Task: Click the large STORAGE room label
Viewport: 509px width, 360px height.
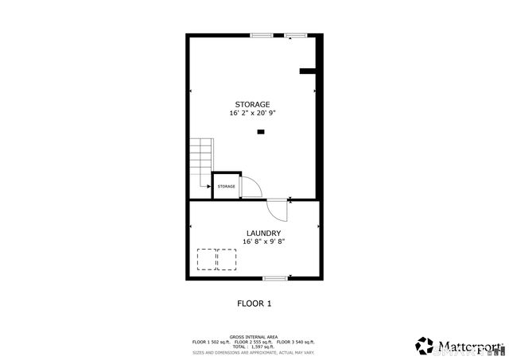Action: click(251, 105)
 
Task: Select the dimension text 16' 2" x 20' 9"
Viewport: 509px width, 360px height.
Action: click(251, 114)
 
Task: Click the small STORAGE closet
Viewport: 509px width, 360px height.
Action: click(227, 186)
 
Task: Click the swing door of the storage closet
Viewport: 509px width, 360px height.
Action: click(251, 187)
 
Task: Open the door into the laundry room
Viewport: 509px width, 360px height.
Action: click(278, 211)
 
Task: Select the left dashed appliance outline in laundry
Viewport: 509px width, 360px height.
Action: click(207, 260)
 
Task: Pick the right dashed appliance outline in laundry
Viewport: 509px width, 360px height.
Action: click(227, 260)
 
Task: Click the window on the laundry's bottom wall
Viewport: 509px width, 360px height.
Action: click(275, 277)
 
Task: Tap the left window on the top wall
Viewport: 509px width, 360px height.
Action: click(261, 35)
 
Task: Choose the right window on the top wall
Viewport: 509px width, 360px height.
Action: click(296, 35)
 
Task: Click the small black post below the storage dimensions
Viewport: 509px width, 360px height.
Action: click(259, 133)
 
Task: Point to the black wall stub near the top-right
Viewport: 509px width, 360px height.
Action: click(308, 72)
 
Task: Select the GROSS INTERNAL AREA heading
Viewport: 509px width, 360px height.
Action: click(254, 337)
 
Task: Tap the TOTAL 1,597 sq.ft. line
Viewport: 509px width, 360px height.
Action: click(254, 346)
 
